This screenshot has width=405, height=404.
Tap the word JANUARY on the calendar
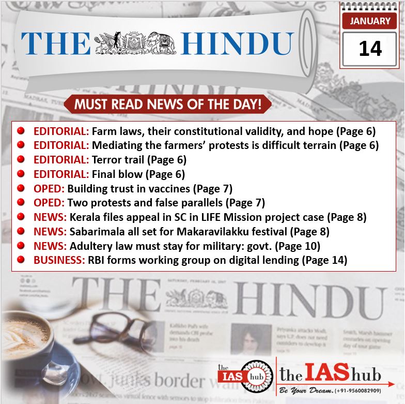(370, 21)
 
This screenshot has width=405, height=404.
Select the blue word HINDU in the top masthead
(238, 43)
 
